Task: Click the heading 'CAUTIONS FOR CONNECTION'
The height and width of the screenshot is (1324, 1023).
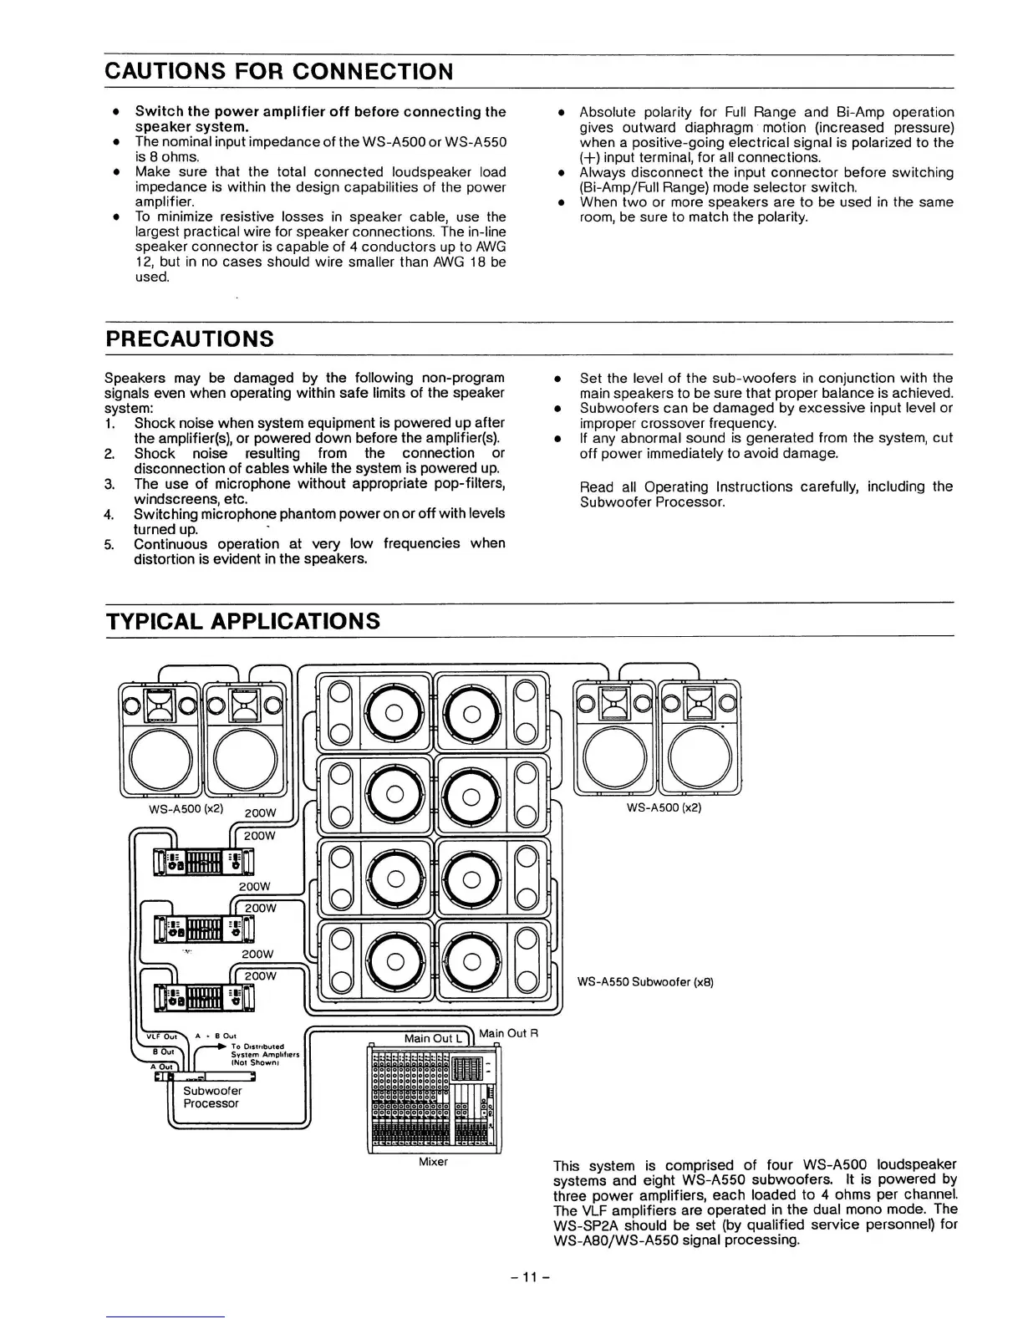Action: (x=279, y=72)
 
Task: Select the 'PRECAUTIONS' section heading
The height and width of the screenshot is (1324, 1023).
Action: (x=190, y=339)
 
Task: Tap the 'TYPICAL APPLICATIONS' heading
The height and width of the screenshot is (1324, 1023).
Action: (x=242, y=621)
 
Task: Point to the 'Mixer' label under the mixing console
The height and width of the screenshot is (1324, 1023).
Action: (x=433, y=1162)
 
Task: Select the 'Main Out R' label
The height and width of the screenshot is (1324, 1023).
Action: (x=507, y=1033)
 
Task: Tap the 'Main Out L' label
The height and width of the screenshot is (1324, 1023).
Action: (x=433, y=1038)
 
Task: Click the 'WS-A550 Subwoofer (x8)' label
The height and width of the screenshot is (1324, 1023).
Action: (x=646, y=982)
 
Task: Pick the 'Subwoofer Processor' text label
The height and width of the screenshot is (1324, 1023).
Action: (x=211, y=1097)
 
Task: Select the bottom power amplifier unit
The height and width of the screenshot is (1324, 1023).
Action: (x=204, y=997)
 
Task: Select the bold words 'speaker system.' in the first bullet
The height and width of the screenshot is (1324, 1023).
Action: (x=192, y=127)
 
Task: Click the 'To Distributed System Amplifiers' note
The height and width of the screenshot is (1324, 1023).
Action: (x=258, y=1054)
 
